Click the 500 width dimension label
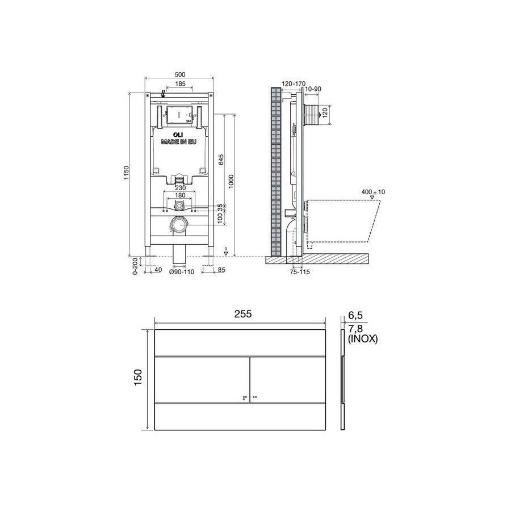[180, 74]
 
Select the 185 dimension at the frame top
[180, 84]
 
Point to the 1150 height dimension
[127, 173]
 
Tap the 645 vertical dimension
[221, 160]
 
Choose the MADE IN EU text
[179, 142]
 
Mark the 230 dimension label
[180, 188]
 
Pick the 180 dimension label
[180, 195]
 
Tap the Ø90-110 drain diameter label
[182, 272]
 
